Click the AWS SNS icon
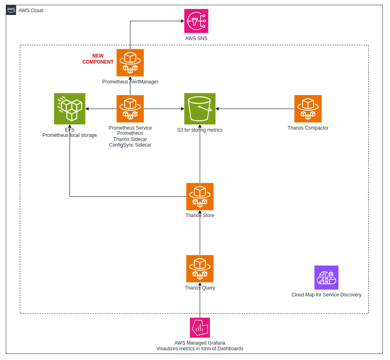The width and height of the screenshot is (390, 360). click(196, 21)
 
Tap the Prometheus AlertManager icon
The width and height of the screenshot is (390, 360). click(130, 63)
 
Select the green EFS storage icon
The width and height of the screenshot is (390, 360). click(70, 109)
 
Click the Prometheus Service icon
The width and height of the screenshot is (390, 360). click(130, 109)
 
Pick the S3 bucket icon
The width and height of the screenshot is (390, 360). click(200, 109)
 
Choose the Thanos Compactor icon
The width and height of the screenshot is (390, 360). click(308, 109)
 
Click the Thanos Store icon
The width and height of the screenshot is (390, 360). click(200, 197)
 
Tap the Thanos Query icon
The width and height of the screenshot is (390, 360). click(200, 268)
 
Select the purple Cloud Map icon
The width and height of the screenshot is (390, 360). click(326, 278)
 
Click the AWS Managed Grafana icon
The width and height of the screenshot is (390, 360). click(200, 328)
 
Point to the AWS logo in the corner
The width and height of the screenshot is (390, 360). click(11, 10)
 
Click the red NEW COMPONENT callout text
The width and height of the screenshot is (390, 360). click(98, 59)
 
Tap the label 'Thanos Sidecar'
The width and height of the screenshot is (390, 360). click(130, 139)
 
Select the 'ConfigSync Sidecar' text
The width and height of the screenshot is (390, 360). click(130, 145)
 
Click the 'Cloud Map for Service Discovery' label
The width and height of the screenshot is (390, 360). click(326, 295)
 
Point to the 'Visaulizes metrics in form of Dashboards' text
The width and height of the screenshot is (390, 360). click(200, 349)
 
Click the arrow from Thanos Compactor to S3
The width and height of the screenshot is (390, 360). click(255, 109)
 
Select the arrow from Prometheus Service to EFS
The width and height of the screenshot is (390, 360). click(101, 109)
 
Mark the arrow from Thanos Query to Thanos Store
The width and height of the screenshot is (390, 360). click(200, 233)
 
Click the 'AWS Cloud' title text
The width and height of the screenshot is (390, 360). click(31, 11)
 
